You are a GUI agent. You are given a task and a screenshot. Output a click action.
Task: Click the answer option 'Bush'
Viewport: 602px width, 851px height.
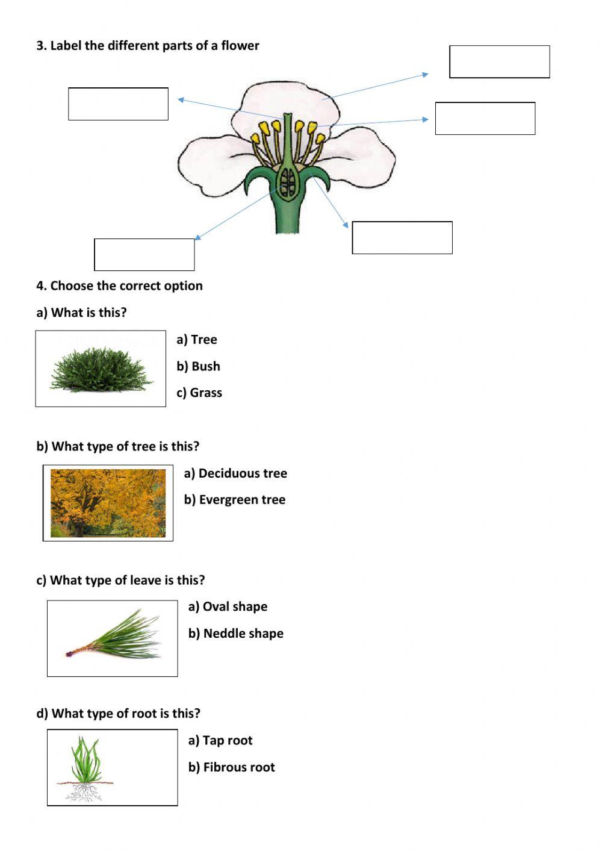199,366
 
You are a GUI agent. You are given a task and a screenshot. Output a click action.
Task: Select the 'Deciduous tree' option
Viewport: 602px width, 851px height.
235,473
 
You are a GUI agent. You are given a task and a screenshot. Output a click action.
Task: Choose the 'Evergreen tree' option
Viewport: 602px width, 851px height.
235,500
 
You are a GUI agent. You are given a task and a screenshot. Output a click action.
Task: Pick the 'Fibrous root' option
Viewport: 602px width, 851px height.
232,767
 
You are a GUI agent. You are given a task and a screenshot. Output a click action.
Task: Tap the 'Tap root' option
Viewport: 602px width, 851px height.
220,741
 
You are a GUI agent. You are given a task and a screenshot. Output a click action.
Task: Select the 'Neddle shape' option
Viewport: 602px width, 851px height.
236,634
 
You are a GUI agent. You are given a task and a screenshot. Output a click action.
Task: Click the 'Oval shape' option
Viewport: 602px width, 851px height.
228,606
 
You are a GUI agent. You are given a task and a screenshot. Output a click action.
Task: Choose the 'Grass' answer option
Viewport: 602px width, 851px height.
199,393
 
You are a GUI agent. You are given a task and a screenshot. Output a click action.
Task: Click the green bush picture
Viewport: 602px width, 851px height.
101,369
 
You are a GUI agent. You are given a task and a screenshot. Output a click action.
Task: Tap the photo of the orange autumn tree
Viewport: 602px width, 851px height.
108,503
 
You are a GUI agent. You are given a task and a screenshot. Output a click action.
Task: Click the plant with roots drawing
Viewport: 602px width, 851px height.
85,768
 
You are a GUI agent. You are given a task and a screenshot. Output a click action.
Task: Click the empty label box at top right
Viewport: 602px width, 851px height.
500,61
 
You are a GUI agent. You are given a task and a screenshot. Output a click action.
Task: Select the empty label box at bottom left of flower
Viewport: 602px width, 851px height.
144,255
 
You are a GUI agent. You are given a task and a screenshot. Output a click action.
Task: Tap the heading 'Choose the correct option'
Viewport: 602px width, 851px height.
119,286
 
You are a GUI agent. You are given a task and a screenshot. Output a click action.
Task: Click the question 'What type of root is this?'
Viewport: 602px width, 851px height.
118,714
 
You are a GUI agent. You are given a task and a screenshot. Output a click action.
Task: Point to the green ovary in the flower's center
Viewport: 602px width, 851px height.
288,181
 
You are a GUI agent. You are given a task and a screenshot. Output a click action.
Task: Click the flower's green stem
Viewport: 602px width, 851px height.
287,217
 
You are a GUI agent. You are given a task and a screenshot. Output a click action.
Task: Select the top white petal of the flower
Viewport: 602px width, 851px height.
286,99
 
